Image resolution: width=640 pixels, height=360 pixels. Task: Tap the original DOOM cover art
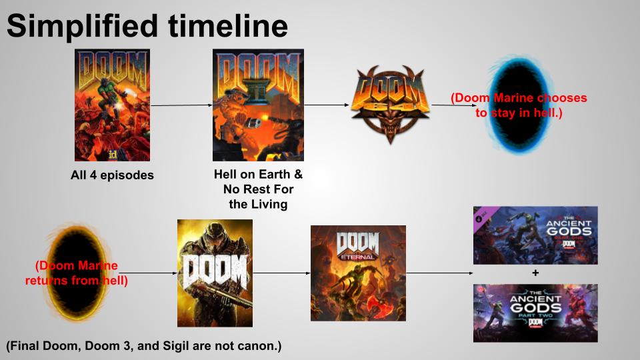click(x=112, y=105)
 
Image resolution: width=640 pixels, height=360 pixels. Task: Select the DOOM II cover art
click(x=258, y=105)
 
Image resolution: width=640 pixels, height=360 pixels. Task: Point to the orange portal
click(x=77, y=273)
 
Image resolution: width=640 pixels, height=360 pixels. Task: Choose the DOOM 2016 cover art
click(x=215, y=273)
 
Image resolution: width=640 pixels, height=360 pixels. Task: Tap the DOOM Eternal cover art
click(x=358, y=273)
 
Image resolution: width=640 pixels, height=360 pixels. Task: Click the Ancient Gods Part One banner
click(x=535, y=235)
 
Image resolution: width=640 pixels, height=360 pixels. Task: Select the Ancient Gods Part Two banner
click(x=535, y=313)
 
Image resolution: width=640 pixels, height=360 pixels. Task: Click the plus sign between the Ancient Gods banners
click(x=535, y=273)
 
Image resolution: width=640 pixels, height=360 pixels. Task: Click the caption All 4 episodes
click(x=112, y=176)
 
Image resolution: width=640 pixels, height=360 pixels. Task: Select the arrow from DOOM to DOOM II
click(x=181, y=105)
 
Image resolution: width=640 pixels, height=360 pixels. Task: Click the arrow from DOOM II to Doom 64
click(x=327, y=105)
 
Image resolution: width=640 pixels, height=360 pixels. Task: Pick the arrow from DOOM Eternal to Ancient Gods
click(x=439, y=273)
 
